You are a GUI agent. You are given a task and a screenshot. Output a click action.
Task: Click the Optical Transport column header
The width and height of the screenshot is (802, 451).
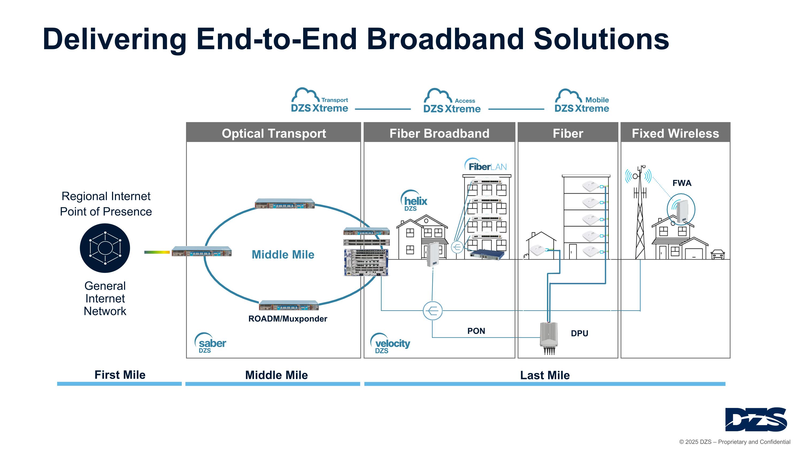click(273, 133)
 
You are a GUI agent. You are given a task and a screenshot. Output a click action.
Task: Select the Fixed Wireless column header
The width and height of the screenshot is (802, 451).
click(675, 133)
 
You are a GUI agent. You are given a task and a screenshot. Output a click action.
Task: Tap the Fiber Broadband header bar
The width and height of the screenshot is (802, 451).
click(439, 133)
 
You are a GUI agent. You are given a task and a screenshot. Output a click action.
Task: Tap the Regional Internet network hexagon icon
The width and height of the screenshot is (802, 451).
click(105, 248)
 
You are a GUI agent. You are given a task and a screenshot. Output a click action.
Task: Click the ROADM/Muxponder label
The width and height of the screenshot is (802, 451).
click(288, 319)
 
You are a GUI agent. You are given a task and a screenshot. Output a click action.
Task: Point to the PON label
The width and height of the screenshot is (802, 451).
click(476, 331)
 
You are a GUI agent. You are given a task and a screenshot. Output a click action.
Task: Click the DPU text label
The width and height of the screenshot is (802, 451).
click(579, 333)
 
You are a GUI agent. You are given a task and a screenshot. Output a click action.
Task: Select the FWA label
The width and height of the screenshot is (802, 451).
click(682, 183)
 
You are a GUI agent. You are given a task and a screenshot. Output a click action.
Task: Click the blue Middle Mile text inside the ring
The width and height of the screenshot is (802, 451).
click(283, 255)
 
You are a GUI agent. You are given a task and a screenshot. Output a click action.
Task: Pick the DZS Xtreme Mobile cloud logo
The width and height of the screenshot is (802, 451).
click(581, 101)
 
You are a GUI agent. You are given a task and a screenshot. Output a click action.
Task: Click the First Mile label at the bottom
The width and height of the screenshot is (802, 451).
click(120, 375)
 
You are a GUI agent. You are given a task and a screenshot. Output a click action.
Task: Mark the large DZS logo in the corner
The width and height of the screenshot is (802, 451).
click(755, 419)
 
